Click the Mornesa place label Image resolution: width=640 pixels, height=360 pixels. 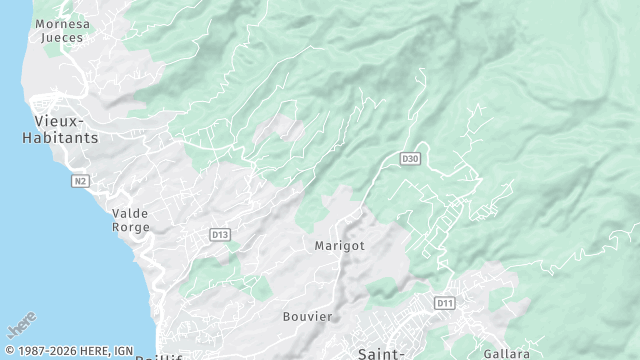(61, 23)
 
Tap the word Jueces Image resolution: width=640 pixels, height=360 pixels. (61, 38)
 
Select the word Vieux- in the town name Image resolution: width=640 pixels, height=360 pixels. (60, 121)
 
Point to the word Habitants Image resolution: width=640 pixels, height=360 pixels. (60, 138)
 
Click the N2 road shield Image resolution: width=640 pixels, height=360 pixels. (80, 181)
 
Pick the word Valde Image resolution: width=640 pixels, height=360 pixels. (130, 213)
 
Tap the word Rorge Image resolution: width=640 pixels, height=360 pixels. (130, 227)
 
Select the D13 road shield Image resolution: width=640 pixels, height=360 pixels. (220, 234)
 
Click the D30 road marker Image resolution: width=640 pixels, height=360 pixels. (409, 159)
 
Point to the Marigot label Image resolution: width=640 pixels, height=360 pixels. (339, 245)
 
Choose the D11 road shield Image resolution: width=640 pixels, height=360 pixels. (445, 302)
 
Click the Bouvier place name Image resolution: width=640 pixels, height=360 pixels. (307, 316)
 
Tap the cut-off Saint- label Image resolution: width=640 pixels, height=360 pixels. (381, 353)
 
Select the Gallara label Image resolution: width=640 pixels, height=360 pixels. (506, 354)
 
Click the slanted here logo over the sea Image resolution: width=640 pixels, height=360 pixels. (21, 326)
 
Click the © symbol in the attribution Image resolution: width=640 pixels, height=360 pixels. (9, 351)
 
